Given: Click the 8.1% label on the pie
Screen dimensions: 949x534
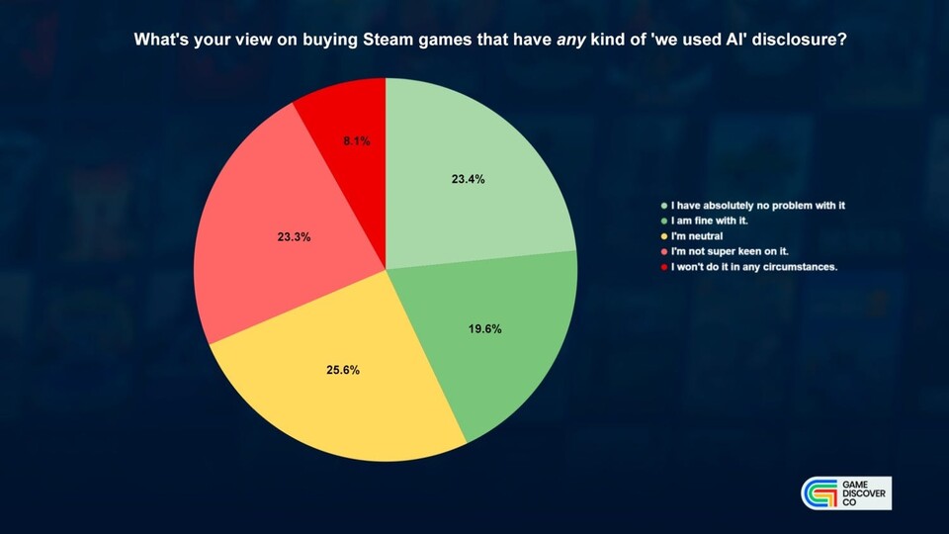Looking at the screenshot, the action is coord(357,141).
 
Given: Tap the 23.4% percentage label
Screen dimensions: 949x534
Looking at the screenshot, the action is coord(468,179).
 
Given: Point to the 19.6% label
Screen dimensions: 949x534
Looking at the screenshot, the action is coord(484,328).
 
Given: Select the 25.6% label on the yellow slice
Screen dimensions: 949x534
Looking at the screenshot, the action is coord(343,370).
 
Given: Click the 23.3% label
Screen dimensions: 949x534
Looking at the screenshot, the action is coord(295,237).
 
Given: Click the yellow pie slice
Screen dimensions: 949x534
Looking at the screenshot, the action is coord(339,376).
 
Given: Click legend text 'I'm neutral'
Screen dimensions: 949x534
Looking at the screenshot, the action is coord(697,236).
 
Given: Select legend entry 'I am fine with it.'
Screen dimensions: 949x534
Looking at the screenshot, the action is coord(710,221).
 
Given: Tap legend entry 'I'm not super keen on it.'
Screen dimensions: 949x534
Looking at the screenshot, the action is coord(730,251).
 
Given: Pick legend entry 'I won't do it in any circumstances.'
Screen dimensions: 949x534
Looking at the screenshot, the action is coord(754,267).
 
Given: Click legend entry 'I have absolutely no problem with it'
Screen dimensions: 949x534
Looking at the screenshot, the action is coord(758,206).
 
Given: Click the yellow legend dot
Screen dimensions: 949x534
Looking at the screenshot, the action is coord(664,236).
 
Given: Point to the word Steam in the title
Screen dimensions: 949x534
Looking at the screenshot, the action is coord(385,40).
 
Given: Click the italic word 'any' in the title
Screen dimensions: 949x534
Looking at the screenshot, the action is coord(570,41).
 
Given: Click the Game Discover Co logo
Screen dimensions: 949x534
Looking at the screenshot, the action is coord(846,492).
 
